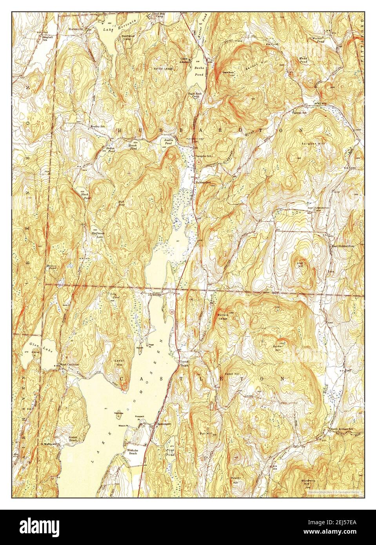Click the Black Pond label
tap(85, 196)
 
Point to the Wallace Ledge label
tap(222, 317)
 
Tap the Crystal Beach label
tap(184, 363)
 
